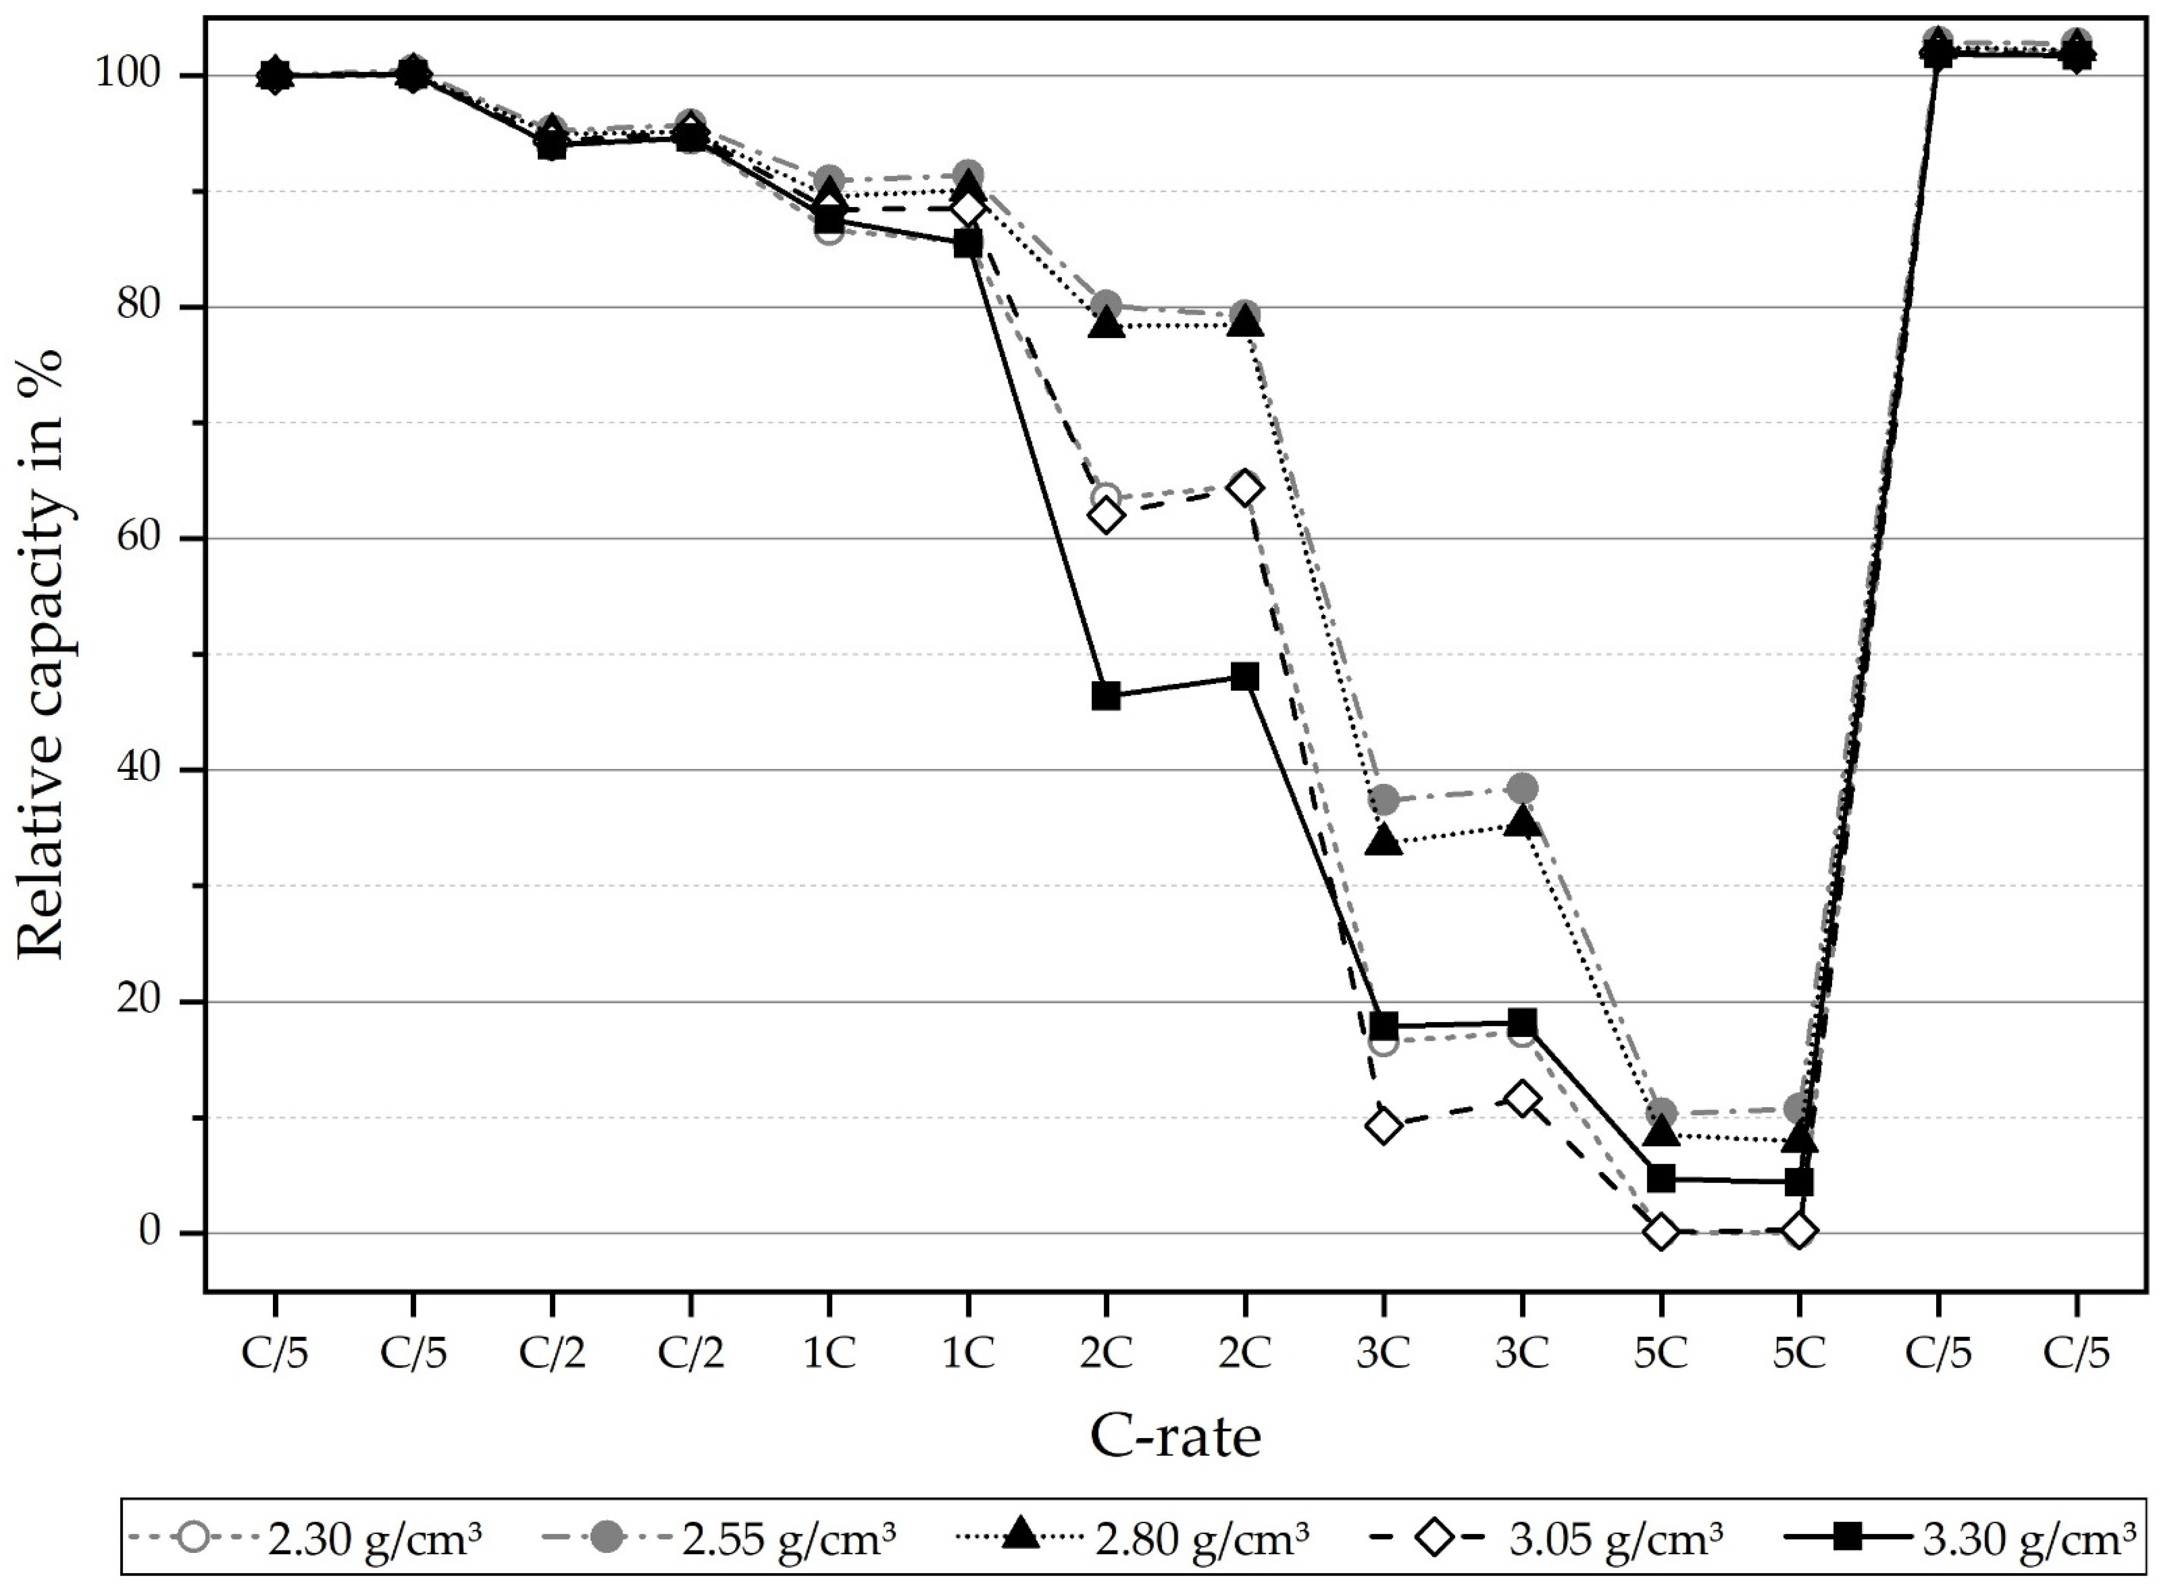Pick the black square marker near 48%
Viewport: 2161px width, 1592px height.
point(1244,676)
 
